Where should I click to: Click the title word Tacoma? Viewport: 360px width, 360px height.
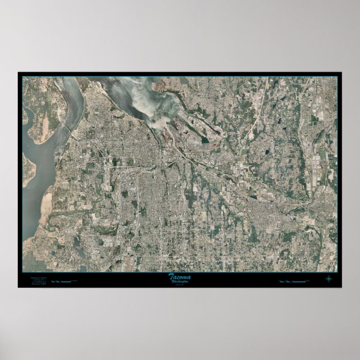(x=179, y=276)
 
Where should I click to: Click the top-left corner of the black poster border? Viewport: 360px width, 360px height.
(x=18, y=73)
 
